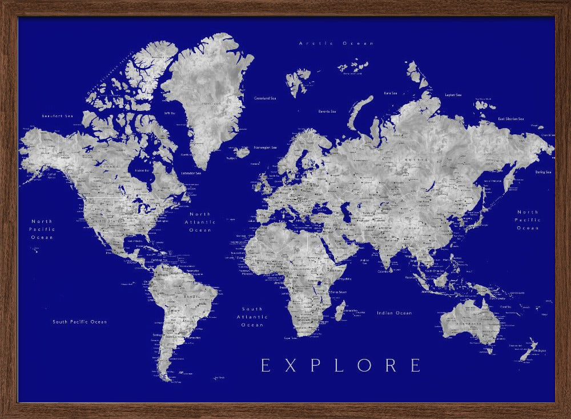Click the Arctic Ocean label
tap(337, 43)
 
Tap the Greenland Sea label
tap(265, 98)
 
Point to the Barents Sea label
tap(327, 111)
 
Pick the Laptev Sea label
tap(453, 94)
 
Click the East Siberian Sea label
tap(510, 119)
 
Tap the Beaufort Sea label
tap(58, 116)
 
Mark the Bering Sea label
tap(543, 172)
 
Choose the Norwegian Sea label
tap(266, 147)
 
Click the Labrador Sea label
tap(191, 173)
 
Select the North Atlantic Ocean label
tap(200, 222)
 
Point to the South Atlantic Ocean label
tap(252, 317)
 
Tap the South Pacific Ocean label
tap(80, 322)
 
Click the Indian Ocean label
tap(394, 313)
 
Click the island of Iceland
tap(242, 152)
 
